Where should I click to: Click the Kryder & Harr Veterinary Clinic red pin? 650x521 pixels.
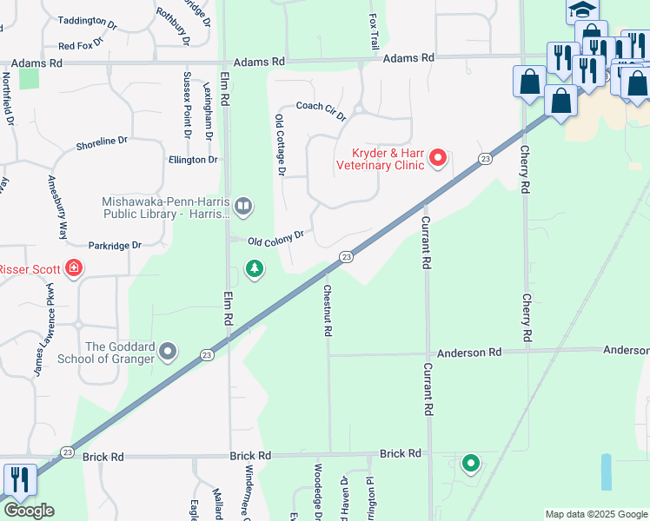tap(438, 158)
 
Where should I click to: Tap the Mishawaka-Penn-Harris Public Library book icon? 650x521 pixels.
tap(244, 207)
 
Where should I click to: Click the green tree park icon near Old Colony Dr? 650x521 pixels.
tap(255, 269)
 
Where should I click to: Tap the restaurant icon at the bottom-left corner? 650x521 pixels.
tap(19, 479)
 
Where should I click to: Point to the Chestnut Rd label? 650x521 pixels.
tap(328, 310)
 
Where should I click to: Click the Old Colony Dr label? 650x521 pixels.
tap(275, 236)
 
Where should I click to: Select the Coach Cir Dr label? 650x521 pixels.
tap(321, 110)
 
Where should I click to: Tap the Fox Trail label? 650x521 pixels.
tap(375, 30)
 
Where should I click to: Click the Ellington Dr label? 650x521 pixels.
tap(193, 160)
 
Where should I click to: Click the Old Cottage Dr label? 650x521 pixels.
tap(280, 145)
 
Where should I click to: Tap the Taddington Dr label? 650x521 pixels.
tap(87, 21)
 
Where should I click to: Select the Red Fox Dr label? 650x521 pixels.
tap(81, 43)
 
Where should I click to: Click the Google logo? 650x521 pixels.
tap(29, 510)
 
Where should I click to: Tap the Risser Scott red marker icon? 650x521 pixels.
tap(75, 267)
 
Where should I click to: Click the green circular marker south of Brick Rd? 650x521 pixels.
tap(471, 464)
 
